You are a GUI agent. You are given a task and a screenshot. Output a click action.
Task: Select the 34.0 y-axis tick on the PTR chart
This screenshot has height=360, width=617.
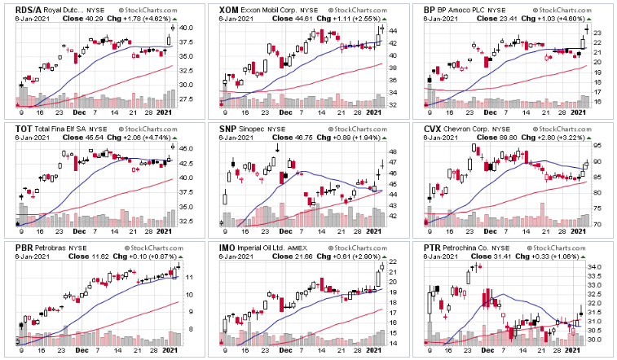tap(597, 267)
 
